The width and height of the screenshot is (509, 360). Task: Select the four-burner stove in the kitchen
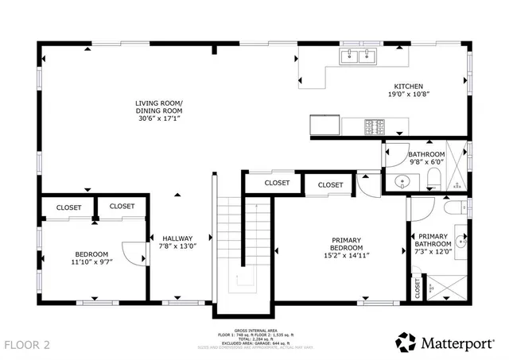(374, 126)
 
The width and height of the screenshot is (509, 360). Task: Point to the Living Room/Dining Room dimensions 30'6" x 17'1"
(157, 118)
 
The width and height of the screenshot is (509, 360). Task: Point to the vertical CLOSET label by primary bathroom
(417, 287)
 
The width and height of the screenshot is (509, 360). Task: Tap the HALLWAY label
(177, 238)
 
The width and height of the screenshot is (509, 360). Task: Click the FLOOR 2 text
(27, 345)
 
